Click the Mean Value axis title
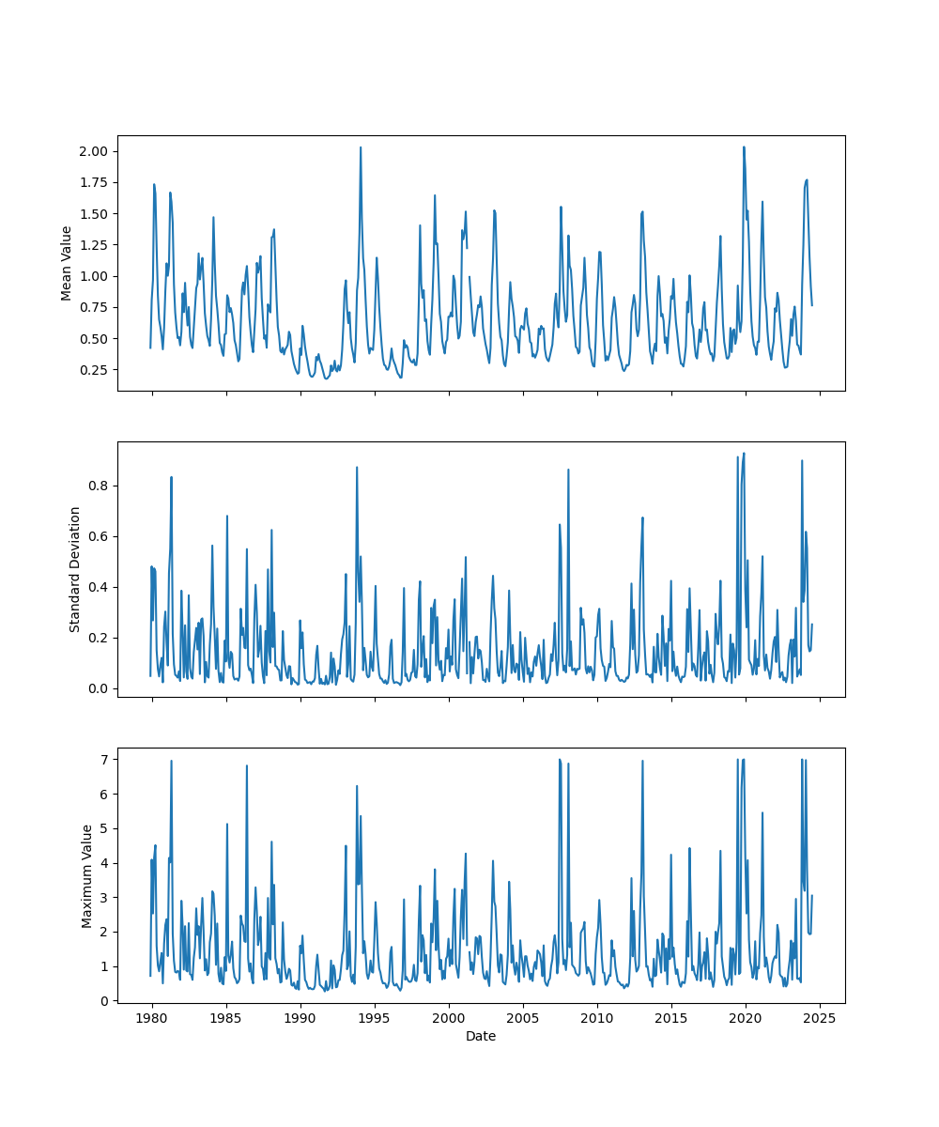click(67, 263)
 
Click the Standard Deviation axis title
click(75, 569)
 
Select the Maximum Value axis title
click(87, 875)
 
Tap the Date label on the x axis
click(481, 1036)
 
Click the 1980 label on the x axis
click(152, 1018)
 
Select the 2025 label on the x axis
click(820, 1018)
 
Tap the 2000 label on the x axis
click(449, 1018)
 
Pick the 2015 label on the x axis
click(671, 1018)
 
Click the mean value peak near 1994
click(360, 147)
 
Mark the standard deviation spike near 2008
click(568, 470)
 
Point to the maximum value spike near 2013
click(642, 762)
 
